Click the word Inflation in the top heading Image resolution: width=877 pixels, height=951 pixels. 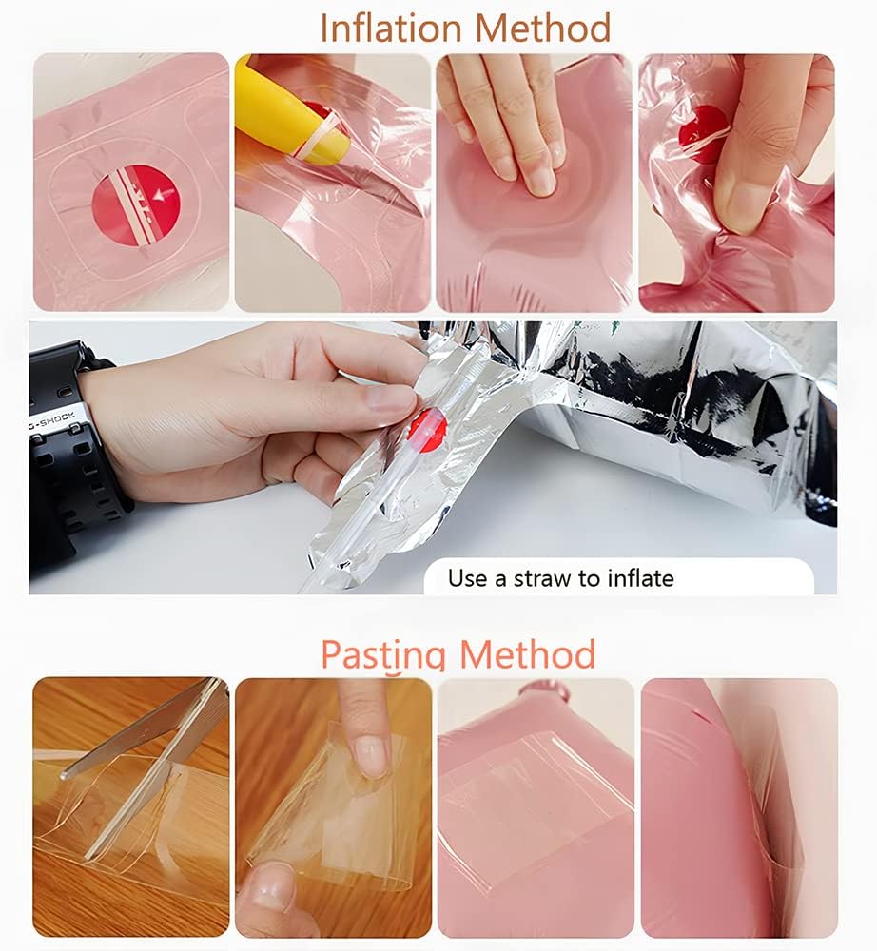392,28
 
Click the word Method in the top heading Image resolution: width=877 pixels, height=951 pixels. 543,28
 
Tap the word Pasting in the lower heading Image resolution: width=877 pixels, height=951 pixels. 384,654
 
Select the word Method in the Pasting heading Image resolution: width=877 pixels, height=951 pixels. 527,653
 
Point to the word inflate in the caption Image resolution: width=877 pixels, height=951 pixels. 640,578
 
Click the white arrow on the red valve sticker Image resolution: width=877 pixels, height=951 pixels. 164,194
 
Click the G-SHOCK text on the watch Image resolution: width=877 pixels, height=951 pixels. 52,421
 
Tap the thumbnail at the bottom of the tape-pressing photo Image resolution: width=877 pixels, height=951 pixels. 267,890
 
